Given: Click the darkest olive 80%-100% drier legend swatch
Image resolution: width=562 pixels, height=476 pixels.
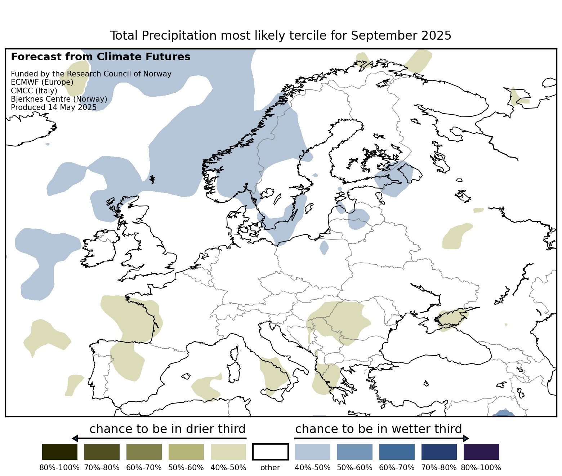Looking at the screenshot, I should tap(60, 452).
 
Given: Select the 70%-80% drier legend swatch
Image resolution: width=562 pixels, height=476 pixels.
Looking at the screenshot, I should tap(102, 452).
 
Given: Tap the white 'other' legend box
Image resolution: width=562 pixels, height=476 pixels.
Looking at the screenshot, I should tap(271, 452).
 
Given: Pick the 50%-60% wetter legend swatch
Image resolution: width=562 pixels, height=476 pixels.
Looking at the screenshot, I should tap(355, 452).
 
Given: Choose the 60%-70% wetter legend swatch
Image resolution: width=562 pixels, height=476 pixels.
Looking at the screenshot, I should tap(397, 452).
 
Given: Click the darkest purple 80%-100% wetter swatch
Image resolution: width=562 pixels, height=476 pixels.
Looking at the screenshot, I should tap(481, 452).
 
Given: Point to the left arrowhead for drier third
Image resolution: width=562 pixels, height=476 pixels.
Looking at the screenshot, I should tap(75, 438).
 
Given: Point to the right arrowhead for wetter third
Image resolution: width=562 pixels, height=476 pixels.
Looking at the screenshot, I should tap(466, 438).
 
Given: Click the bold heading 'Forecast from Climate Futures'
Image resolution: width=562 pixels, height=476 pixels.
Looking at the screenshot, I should tap(101, 57).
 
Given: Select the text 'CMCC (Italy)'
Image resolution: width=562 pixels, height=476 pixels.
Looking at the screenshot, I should tap(34, 91).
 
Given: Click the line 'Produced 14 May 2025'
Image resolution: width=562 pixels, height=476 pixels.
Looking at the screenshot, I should tap(54, 107).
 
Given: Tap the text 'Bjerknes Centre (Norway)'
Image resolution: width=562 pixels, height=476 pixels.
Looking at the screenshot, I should tap(59, 99).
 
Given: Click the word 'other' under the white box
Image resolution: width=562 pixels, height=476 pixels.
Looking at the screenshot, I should tap(270, 468).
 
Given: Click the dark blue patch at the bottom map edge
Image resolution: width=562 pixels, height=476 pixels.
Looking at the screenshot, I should tap(503, 414).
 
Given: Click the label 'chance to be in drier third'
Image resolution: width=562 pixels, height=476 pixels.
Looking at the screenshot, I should tap(168, 429).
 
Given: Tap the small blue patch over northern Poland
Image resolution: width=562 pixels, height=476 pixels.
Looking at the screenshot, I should tap(324, 247).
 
